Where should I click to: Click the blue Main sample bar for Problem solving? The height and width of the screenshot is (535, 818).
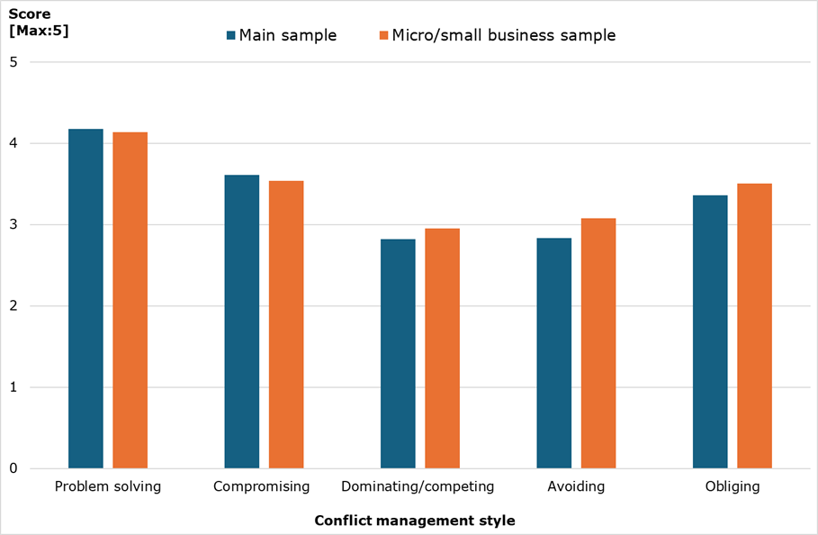tap(85, 298)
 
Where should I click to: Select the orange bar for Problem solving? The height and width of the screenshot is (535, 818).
tap(130, 300)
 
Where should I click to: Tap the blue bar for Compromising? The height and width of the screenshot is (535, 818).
tap(241, 322)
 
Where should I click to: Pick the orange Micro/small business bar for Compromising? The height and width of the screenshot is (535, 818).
tap(286, 324)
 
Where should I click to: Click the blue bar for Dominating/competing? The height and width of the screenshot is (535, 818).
tap(398, 353)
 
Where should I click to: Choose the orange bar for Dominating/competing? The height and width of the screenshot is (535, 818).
tap(442, 348)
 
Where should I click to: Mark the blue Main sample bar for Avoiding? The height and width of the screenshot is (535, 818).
tap(553, 353)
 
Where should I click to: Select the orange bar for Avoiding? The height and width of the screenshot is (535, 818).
tap(598, 343)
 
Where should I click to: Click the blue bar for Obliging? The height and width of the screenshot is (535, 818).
tap(710, 331)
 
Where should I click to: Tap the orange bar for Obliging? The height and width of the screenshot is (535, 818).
tap(754, 326)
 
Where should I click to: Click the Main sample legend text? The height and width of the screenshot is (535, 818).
tap(287, 36)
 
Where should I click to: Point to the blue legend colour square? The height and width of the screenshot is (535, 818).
tap(231, 36)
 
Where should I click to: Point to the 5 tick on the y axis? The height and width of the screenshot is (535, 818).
tap(13, 62)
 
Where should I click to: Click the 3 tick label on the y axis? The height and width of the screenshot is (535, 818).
tap(13, 225)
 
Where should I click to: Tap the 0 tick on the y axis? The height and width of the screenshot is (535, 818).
tap(13, 468)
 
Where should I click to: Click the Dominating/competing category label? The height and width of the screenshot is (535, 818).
tap(418, 486)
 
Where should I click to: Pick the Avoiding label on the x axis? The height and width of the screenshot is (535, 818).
tap(576, 486)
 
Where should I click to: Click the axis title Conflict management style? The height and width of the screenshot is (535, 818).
tap(414, 521)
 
